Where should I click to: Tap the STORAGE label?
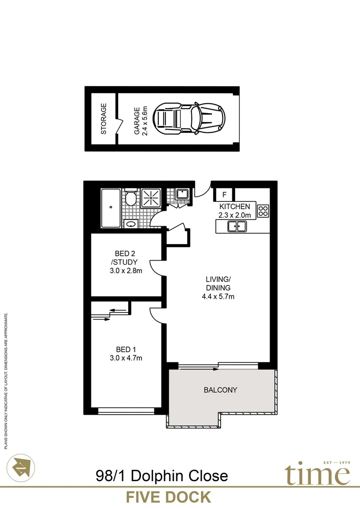point(104,119)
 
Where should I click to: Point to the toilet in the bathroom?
point(131,198)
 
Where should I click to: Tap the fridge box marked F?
point(224,194)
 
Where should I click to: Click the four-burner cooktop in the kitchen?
point(263,211)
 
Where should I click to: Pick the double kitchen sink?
point(236,227)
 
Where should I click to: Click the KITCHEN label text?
point(234,206)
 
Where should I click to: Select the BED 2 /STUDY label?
point(125,258)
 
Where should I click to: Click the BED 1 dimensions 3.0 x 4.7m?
point(125,358)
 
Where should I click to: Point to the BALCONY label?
point(220,390)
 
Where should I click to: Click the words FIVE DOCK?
point(168,497)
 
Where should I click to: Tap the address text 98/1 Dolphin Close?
point(161,475)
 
